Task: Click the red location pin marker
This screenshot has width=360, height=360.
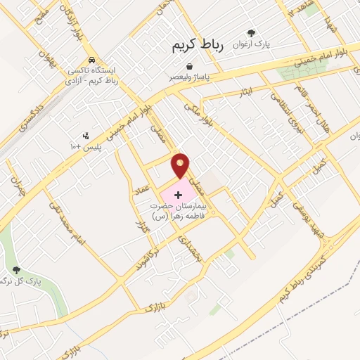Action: pos(181,165)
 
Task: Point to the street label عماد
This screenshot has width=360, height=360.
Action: pos(143,186)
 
